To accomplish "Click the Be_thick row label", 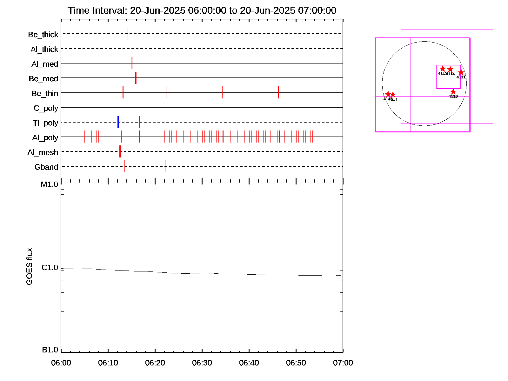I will (43, 35).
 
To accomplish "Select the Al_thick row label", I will (44, 50).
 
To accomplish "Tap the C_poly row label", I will (46, 108).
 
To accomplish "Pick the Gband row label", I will (46, 167).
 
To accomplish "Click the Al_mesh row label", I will (43, 152).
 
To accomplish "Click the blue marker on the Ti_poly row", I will (118, 122).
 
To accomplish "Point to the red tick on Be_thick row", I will (128, 34).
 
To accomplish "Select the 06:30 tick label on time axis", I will (202, 363).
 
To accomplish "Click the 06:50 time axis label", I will (296, 363).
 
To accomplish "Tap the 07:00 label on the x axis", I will (343, 363).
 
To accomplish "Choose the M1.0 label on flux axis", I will (50, 184).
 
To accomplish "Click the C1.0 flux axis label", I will (50, 268).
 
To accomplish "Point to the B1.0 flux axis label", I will (50, 350).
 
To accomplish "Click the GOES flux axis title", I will (29, 267).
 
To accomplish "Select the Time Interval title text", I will (202, 10).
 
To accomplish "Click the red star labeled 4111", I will (461, 73).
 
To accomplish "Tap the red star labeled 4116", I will (453, 92).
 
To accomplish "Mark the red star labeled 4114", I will (450, 69).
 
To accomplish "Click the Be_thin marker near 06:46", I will (278, 92).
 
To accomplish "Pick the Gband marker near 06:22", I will (165, 166).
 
